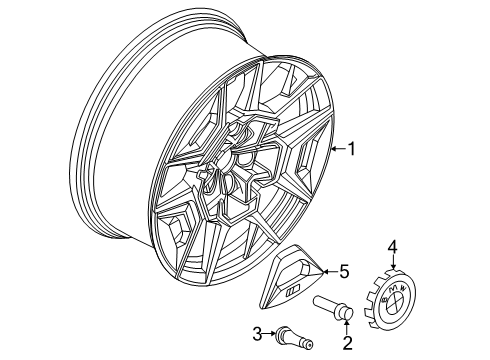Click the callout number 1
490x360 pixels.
point(350,149)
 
